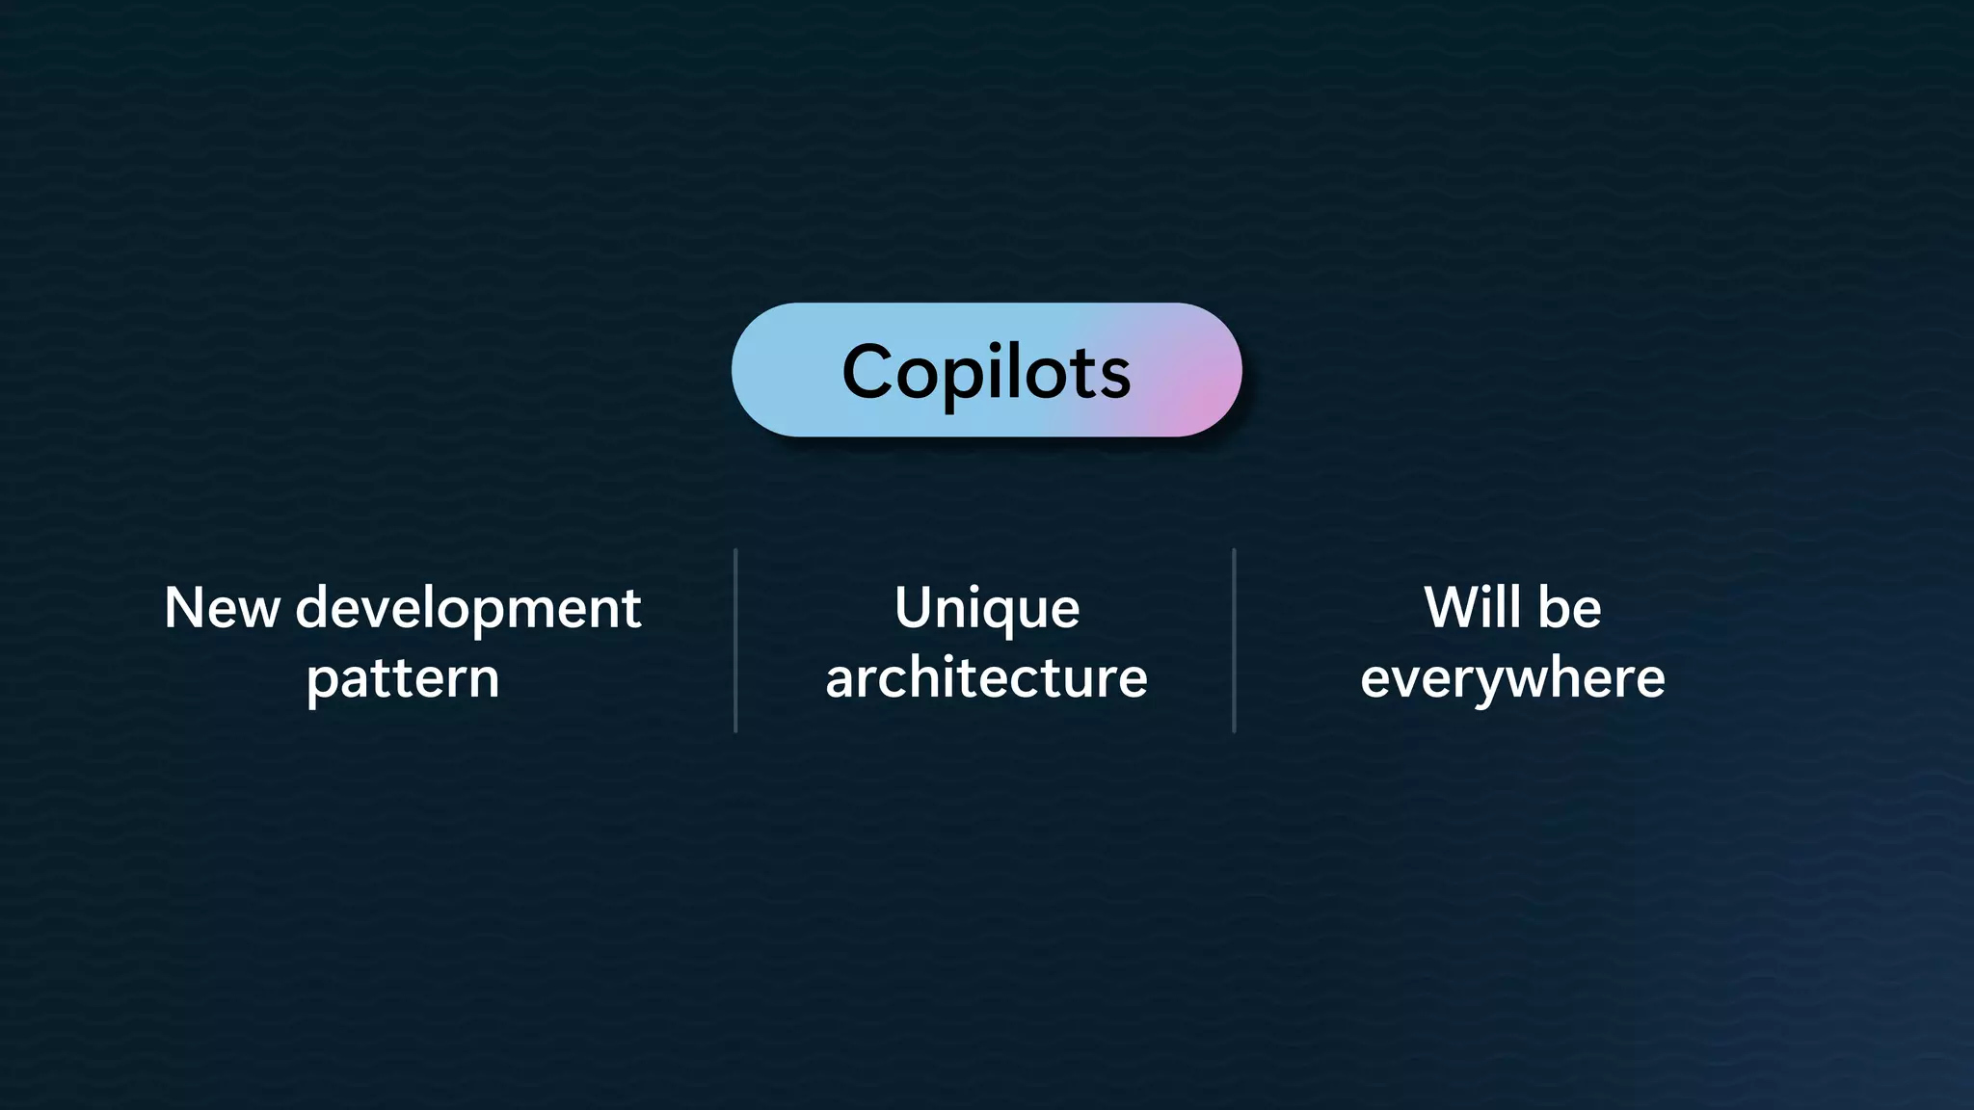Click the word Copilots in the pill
(986, 372)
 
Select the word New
(222, 609)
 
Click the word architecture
(986, 678)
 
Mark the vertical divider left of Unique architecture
(735, 641)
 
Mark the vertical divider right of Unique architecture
(1234, 641)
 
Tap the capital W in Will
(1451, 608)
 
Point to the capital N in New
(183, 609)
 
